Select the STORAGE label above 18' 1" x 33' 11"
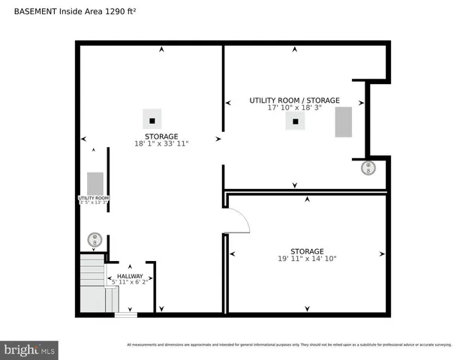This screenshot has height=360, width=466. tap(161, 136)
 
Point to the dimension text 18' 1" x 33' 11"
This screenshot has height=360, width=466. tap(161, 143)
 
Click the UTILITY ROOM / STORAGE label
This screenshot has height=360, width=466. tap(294, 100)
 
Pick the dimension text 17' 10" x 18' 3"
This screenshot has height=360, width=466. tap(294, 108)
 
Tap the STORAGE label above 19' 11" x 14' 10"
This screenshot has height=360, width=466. tap(307, 251)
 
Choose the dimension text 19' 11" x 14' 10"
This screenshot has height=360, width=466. tap(307, 259)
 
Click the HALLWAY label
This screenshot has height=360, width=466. tap(130, 276)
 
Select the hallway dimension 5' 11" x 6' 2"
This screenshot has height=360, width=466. tap(130, 283)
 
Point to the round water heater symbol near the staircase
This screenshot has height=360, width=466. tap(95, 240)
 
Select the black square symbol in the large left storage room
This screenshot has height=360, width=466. tap(152, 119)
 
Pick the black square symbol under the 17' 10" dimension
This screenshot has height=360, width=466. tap(296, 121)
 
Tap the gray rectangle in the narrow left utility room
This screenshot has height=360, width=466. tap(95, 184)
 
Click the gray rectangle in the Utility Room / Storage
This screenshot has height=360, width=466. tap(344, 122)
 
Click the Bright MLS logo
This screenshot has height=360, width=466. tap(30, 349)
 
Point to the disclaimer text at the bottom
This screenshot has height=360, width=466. tap(289, 345)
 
